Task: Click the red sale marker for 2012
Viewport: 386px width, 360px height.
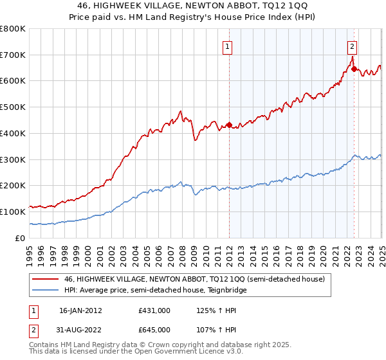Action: [x=229, y=125]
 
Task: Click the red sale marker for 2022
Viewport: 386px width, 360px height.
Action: [x=354, y=69]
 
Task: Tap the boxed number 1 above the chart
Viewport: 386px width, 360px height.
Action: [x=228, y=46]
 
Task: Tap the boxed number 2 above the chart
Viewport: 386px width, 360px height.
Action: [x=353, y=46]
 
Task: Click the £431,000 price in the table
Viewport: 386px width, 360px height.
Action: [x=154, y=310]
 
